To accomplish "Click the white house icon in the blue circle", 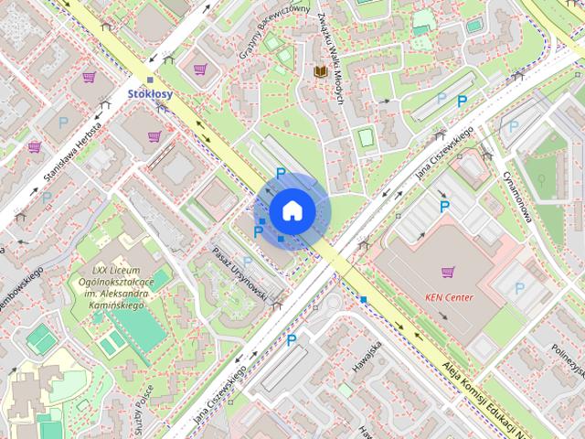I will [x=292, y=211].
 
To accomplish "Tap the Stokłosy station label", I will [x=150, y=93].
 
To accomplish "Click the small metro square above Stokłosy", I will [x=150, y=80].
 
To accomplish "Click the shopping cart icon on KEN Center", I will [x=448, y=272].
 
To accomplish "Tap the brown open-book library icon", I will [x=320, y=70].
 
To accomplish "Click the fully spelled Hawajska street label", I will [x=369, y=359].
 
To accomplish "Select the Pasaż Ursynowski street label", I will [x=239, y=274].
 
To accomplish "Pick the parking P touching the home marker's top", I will [x=281, y=174].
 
